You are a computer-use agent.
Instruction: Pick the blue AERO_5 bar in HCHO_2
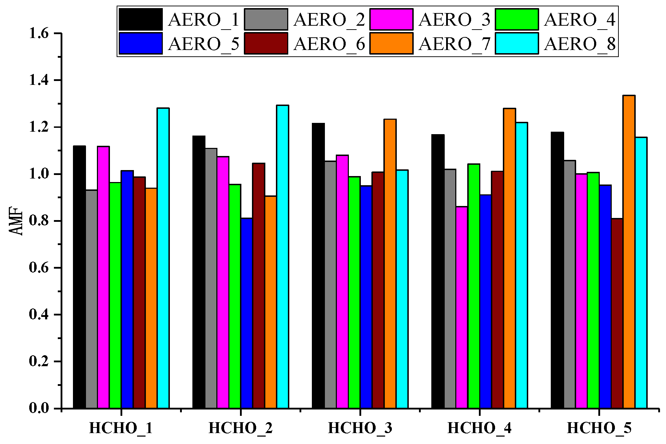pos(247,313)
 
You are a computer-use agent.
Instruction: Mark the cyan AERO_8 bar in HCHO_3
pos(402,289)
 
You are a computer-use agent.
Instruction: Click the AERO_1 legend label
pos(204,20)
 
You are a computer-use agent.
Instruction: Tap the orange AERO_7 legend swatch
pos(391,44)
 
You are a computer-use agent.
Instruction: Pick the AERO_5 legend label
pos(204,44)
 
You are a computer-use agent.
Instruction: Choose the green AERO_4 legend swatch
pos(517,20)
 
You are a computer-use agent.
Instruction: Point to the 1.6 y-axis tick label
pos(39,33)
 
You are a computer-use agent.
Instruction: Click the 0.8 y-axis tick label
pos(39,221)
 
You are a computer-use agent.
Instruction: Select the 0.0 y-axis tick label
pos(39,408)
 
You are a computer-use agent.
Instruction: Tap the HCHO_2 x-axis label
pos(240,429)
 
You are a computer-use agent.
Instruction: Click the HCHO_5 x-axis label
pos(599,429)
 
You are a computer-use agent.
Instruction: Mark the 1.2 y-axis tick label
pos(39,127)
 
